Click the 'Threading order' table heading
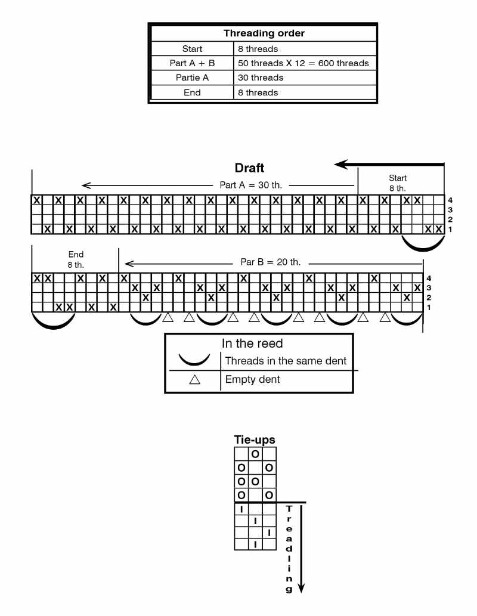[264, 33]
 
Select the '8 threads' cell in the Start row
[257, 49]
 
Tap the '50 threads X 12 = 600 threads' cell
[303, 63]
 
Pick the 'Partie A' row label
[192, 78]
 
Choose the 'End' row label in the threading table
[192, 92]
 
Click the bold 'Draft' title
[249, 168]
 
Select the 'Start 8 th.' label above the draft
[398, 183]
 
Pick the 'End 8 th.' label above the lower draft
[76, 259]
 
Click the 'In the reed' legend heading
[252, 344]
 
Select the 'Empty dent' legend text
[252, 380]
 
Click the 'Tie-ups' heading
[255, 440]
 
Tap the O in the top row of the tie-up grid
[255, 454]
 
